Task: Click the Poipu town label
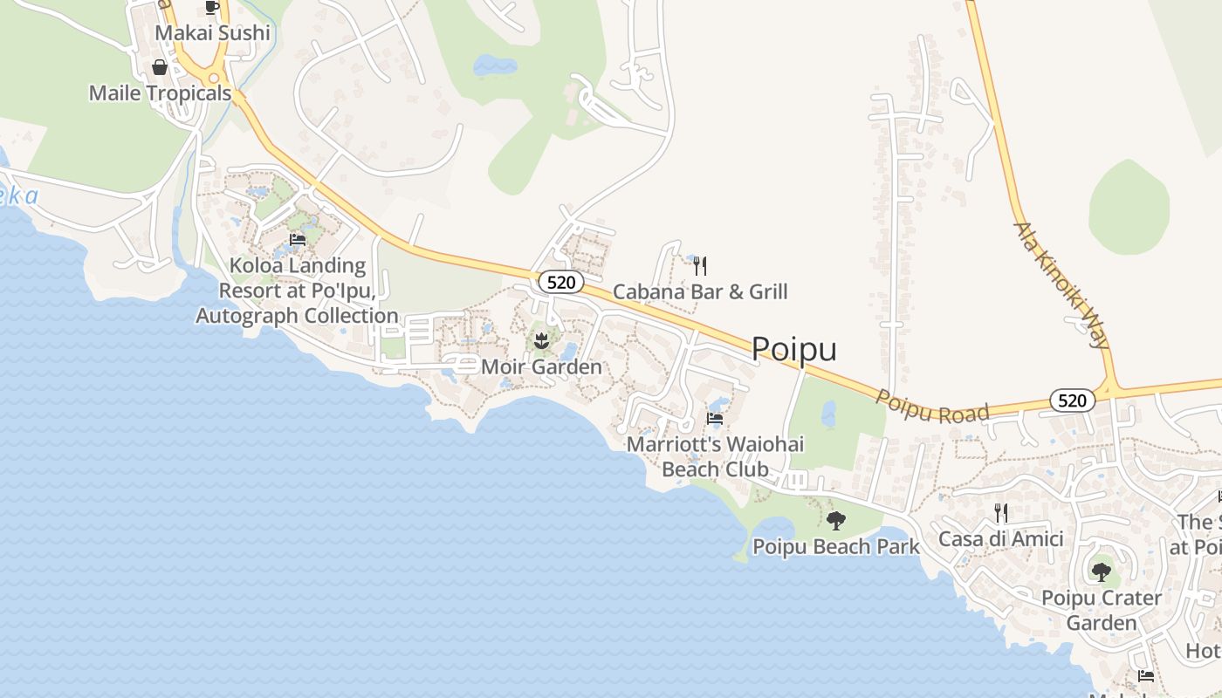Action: (793, 349)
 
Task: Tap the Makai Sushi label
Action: (213, 33)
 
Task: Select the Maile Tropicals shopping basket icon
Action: (160, 67)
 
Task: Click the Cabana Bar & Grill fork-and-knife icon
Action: (699, 265)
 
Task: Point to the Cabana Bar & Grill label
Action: (700, 291)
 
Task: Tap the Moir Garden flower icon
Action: (541, 339)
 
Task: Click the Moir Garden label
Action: (541, 366)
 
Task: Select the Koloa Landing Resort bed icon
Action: (298, 240)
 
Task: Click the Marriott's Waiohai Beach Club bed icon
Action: (715, 419)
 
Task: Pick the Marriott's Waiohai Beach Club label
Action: (715, 456)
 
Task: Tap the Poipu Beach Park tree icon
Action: (836, 521)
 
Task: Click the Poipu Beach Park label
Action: (836, 547)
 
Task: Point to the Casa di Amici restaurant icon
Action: (1001, 513)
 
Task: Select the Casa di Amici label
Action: (1001, 539)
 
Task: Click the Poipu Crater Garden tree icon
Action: (1102, 572)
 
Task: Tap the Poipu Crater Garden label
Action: (1102, 610)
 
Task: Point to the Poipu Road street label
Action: (932, 403)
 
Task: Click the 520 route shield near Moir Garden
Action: (555, 282)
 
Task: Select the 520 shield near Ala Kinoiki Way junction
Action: (1072, 400)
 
